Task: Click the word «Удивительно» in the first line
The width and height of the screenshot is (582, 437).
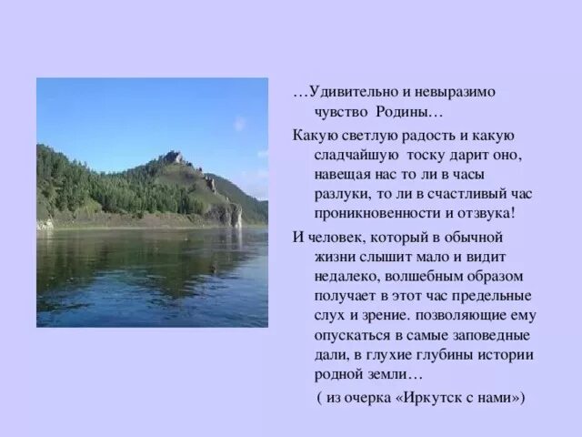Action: coord(349,93)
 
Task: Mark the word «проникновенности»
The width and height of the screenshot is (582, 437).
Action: coord(367,215)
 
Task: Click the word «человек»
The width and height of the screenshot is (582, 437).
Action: coord(337,237)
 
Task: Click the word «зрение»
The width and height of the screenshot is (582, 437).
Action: coord(373,315)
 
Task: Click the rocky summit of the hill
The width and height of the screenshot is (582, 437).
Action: coord(174,157)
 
